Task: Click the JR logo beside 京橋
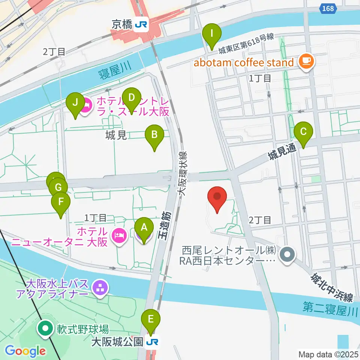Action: tap(142, 25)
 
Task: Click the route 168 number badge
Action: tap(327, 8)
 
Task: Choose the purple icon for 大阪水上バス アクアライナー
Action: tap(100, 288)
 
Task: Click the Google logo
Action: tap(25, 351)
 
